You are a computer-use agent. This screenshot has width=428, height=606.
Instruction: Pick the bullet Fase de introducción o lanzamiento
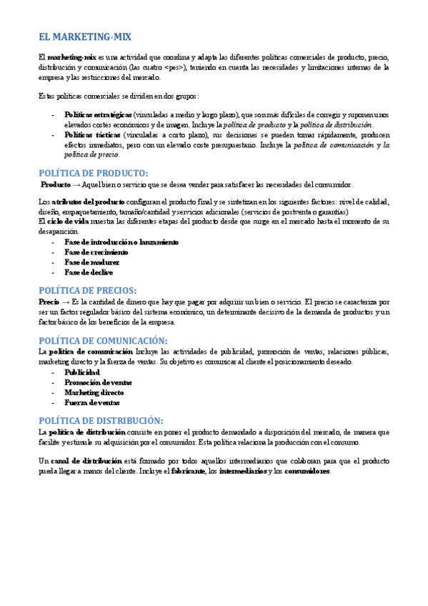[121, 242]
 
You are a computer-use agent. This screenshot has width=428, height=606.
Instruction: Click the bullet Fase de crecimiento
[96, 252]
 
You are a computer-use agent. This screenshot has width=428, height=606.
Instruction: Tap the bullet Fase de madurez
[92, 262]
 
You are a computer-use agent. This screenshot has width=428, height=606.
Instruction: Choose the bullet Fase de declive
[89, 272]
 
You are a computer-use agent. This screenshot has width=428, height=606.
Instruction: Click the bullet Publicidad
[82, 372]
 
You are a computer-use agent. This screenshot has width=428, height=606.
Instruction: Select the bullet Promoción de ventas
[99, 382]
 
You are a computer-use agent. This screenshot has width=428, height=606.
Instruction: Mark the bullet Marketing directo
[94, 392]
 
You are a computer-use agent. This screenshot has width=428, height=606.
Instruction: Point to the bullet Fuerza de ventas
[92, 402]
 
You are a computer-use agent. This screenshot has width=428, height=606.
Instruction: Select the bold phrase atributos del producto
[89, 202]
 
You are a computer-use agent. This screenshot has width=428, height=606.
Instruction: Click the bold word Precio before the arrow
[49, 302]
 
